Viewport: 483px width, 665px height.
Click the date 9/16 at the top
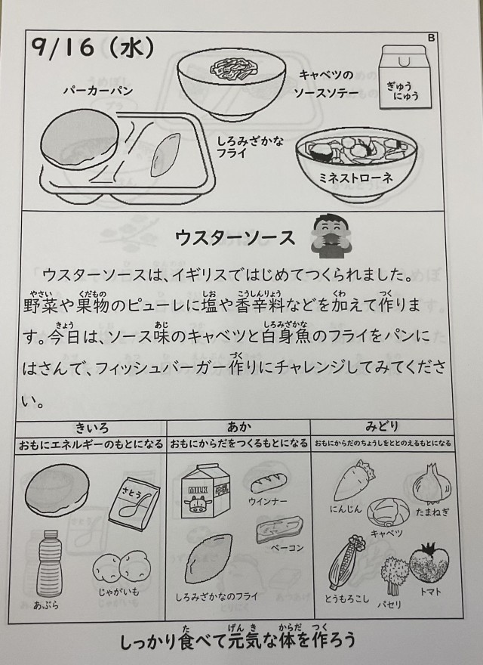click(x=63, y=47)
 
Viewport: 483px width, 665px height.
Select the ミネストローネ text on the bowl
click(x=355, y=178)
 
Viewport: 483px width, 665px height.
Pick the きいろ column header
click(x=92, y=428)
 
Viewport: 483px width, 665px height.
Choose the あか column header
click(x=238, y=427)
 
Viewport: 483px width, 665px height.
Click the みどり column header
click(x=382, y=426)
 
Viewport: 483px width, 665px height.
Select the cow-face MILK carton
click(x=205, y=491)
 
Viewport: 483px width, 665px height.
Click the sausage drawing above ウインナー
click(x=268, y=483)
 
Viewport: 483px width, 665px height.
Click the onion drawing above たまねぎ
click(x=432, y=484)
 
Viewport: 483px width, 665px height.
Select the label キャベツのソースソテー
click(x=326, y=84)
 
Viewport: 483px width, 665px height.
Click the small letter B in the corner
click(x=432, y=38)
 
